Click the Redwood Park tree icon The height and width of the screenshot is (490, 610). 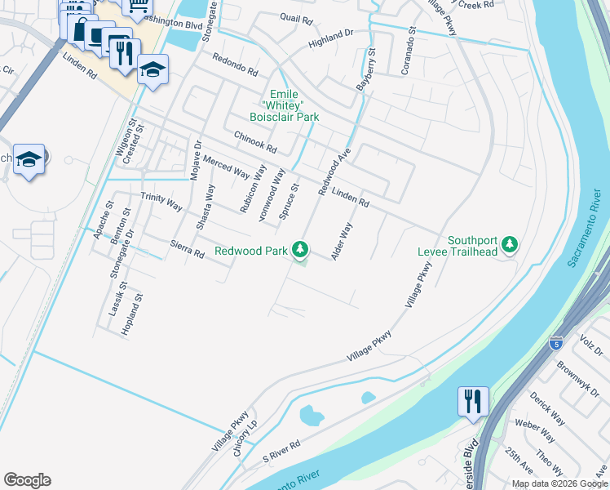(x=301, y=249)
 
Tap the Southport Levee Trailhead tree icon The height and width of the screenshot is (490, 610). (x=510, y=244)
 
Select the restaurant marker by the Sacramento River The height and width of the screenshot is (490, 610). (x=473, y=402)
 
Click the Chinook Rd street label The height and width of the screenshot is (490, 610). (x=255, y=142)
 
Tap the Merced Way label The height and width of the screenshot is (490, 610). (x=227, y=166)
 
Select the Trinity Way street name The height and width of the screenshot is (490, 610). (x=161, y=202)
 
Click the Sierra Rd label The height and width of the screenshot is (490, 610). (x=187, y=248)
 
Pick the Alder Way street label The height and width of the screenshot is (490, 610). (x=342, y=241)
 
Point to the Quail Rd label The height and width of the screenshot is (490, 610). (x=294, y=16)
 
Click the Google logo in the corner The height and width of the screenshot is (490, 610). (x=27, y=480)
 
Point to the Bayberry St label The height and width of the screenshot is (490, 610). (x=366, y=69)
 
